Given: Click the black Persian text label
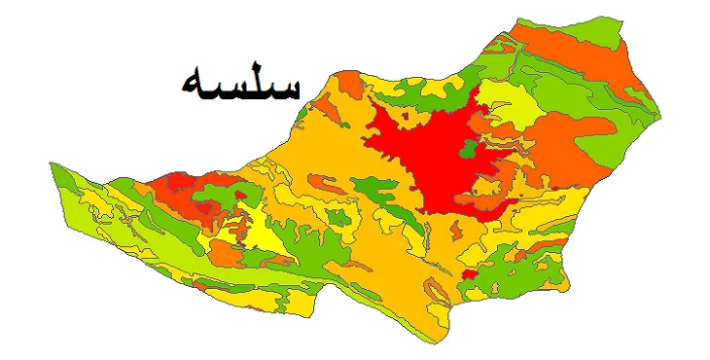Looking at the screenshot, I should (240, 83).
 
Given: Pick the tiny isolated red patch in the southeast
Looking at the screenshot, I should (468, 276).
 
